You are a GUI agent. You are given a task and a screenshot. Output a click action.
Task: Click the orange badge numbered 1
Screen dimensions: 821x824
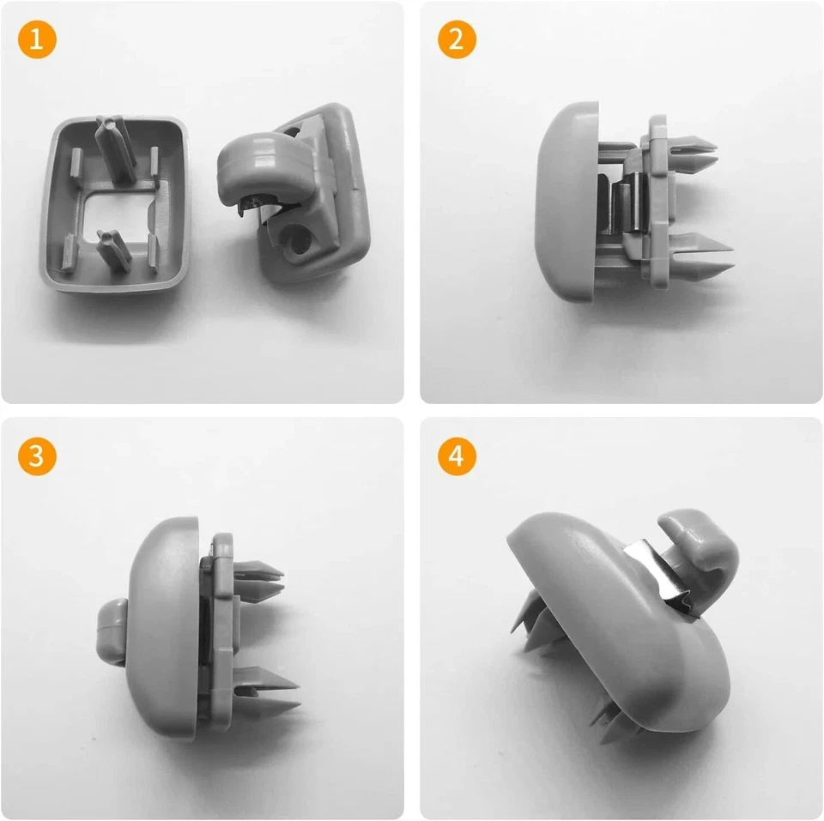click(x=36, y=39)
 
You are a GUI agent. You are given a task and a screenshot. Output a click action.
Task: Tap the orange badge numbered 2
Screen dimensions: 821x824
click(x=457, y=39)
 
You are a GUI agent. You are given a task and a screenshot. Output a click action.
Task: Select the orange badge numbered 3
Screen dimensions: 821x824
click(x=36, y=456)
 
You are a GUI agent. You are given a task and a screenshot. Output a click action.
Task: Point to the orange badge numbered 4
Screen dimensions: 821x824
click(x=457, y=456)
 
